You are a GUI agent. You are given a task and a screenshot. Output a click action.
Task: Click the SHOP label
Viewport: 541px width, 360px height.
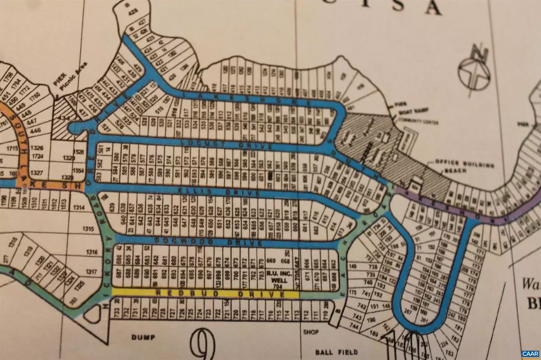pyautogui.click(x=311, y=333)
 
